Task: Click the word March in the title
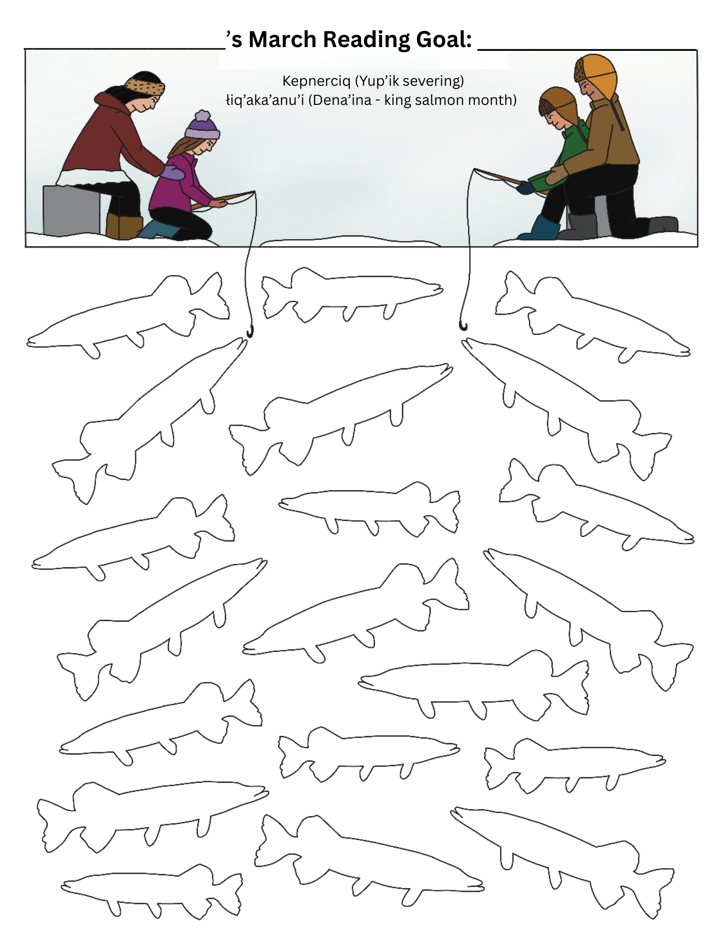pos(282,39)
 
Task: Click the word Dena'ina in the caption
pos(342,100)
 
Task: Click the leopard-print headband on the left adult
pos(145,87)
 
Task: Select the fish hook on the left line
pos(250,331)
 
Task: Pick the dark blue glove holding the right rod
pos(525,187)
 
